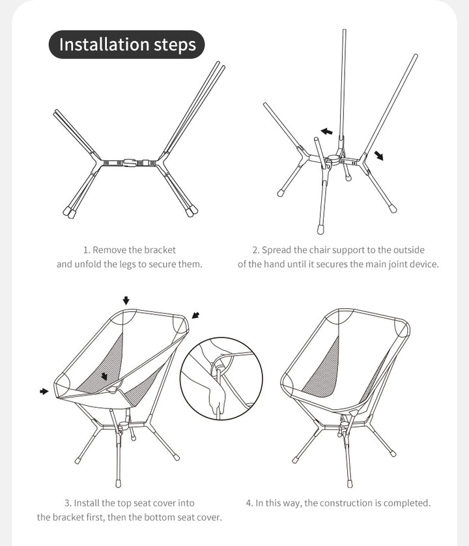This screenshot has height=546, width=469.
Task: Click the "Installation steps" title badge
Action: point(127,45)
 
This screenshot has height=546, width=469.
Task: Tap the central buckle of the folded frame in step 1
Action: point(130,162)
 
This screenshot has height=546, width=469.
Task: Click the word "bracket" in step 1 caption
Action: point(160,250)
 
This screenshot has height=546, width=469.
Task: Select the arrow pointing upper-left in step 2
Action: point(326,132)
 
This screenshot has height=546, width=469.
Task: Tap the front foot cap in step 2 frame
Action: point(322,229)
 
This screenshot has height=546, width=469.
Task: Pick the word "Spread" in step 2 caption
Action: point(276,250)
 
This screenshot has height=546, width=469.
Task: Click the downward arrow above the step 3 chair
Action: point(126,300)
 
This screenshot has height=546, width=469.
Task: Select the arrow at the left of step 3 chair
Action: point(44,391)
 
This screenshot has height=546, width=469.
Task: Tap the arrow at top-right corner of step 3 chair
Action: point(195,316)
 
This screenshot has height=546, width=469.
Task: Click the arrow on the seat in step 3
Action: point(104,377)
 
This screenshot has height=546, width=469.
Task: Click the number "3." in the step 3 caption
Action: point(67,503)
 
